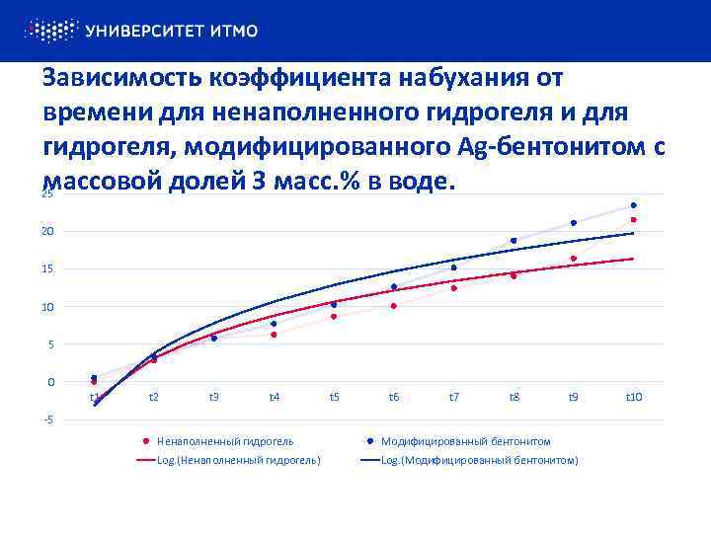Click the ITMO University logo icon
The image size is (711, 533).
50,31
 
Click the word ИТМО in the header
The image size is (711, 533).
234,31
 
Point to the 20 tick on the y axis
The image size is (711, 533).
47,231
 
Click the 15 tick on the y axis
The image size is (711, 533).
47,268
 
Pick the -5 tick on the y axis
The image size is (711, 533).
47,419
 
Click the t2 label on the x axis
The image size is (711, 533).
154,397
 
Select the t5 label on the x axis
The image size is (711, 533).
334,397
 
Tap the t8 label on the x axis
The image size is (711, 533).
513,397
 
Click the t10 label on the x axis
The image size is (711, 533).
634,397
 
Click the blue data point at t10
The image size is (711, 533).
633,205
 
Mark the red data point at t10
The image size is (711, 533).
633,220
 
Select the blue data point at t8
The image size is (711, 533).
513,240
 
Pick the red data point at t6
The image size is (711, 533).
393,306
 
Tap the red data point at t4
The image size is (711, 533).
274,335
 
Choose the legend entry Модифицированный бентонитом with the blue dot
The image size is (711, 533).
465,441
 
